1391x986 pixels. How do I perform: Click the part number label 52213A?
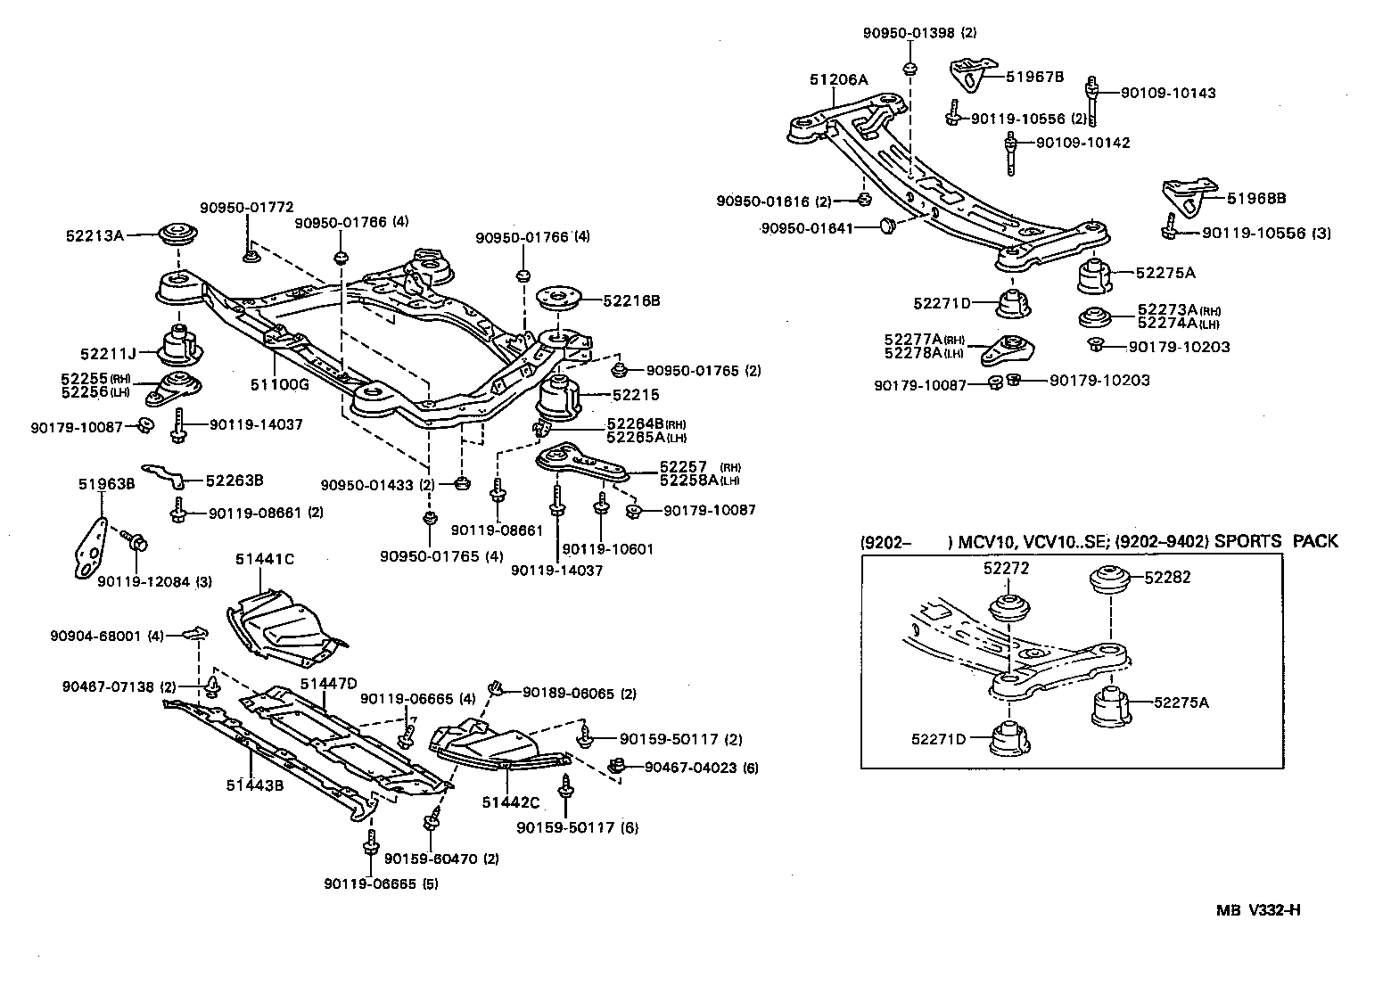(x=94, y=236)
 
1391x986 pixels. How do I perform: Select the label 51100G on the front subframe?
(x=279, y=384)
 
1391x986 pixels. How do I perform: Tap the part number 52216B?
(x=631, y=301)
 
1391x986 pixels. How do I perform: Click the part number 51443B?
(x=254, y=785)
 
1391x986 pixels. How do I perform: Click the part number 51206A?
(x=838, y=79)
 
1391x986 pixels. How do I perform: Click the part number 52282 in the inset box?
(x=1167, y=577)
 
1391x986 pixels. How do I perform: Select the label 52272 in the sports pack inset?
(x=1006, y=567)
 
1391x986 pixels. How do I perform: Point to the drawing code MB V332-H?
(x=1258, y=910)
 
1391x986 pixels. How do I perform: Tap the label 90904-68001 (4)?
(x=108, y=636)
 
